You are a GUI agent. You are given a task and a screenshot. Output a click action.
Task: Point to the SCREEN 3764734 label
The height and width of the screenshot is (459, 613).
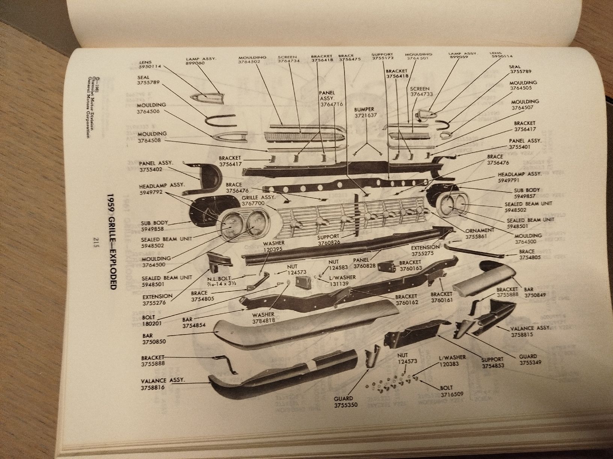click(x=288, y=59)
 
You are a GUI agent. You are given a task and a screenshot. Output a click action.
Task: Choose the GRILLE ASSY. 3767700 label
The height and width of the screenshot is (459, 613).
click(x=258, y=200)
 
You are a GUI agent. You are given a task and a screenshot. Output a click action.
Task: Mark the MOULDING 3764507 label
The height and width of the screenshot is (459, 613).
click(x=525, y=105)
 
